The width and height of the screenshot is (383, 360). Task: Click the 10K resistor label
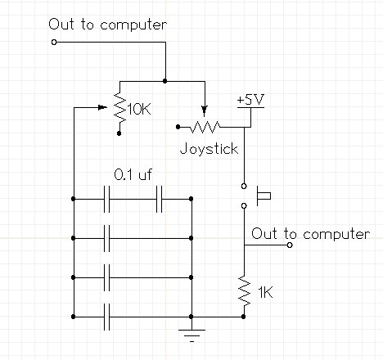(139, 110)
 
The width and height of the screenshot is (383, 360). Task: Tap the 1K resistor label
(265, 293)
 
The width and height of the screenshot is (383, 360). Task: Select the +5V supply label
(250, 100)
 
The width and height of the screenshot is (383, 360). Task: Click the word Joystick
(209, 149)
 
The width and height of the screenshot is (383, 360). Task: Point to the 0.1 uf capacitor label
(133, 174)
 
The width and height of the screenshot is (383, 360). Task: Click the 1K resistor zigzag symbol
(245, 290)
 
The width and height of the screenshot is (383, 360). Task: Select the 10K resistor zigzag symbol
(119, 107)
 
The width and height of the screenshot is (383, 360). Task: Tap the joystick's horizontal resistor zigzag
(205, 127)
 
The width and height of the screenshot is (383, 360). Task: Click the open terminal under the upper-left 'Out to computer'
(54, 43)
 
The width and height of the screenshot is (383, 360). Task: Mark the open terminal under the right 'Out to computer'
(290, 245)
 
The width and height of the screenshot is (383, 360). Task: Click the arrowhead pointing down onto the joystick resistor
(205, 110)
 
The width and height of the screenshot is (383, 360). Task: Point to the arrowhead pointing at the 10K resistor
(102, 107)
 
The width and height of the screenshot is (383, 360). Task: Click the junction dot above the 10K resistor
(164, 81)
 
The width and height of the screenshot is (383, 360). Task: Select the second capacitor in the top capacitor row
(160, 199)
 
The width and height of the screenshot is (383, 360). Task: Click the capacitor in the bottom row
(107, 317)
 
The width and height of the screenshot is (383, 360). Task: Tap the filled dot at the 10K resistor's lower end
(119, 133)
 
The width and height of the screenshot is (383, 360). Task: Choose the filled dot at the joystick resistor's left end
(178, 127)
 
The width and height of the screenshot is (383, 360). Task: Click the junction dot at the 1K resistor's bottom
(243, 317)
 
